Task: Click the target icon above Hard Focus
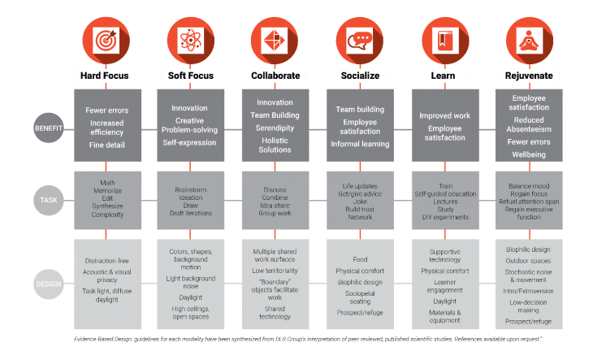click(x=105, y=39)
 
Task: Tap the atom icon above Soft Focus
click(x=190, y=39)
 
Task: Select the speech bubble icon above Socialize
click(x=359, y=39)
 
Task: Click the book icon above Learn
click(x=444, y=39)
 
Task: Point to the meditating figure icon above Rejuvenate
click(x=529, y=39)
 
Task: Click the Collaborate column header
click(x=275, y=76)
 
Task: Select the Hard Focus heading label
click(x=105, y=76)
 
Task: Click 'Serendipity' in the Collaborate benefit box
click(x=275, y=128)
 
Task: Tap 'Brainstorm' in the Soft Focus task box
click(x=190, y=189)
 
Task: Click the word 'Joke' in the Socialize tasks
click(x=359, y=202)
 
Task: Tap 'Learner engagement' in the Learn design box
click(x=444, y=285)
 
